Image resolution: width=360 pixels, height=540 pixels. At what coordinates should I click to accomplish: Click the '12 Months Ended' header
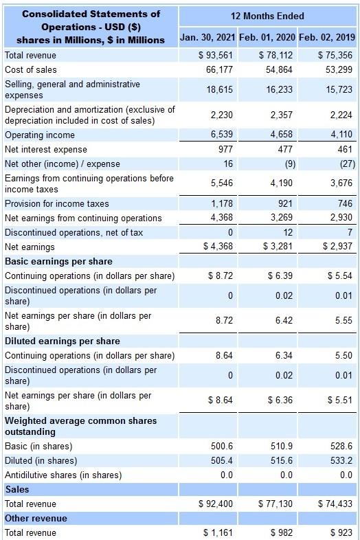(269, 16)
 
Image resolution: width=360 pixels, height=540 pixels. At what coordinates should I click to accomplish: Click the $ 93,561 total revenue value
(215, 55)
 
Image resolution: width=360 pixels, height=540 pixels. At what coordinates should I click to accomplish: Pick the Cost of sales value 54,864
(278, 69)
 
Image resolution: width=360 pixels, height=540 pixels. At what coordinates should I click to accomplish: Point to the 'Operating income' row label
(40, 135)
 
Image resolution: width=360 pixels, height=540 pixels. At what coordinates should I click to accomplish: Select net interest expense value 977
(225, 149)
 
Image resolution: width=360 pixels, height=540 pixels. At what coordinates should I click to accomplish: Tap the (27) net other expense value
(343, 164)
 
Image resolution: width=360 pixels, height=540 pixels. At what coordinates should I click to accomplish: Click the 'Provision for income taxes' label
(57, 203)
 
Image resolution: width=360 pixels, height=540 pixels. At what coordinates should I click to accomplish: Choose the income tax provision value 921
(284, 203)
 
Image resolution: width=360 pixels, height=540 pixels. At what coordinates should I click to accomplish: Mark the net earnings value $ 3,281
(275, 247)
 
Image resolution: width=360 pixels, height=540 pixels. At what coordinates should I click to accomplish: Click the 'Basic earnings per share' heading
(58, 261)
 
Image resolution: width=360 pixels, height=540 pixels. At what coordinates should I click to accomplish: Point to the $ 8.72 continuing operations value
(220, 275)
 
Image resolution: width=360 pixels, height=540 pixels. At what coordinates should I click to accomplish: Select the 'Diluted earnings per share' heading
(63, 341)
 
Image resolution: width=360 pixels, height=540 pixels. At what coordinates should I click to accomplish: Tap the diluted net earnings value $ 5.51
(339, 399)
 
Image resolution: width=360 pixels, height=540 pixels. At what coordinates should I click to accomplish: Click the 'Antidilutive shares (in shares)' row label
(63, 475)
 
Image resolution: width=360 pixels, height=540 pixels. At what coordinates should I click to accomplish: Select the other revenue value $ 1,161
(218, 532)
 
